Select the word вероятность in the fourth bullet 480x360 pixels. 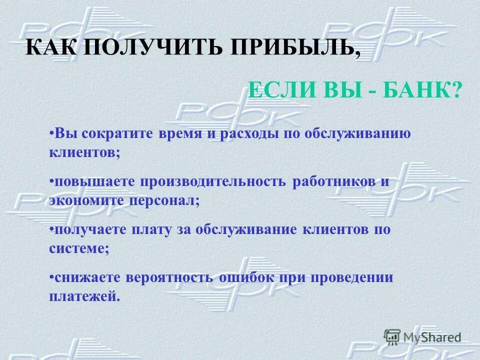pyautogui.click(x=171, y=278)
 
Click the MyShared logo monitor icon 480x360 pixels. pyautogui.click(x=392, y=336)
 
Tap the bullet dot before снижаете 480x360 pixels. pyautogui.click(x=52, y=275)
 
